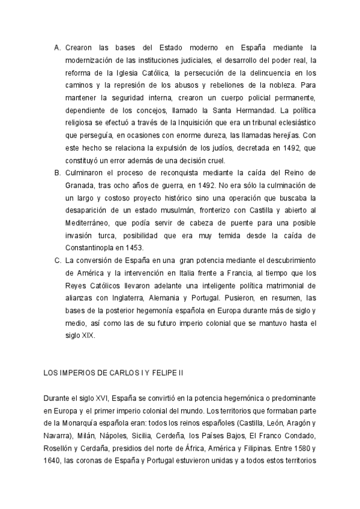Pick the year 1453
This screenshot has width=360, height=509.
[x=147, y=248]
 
